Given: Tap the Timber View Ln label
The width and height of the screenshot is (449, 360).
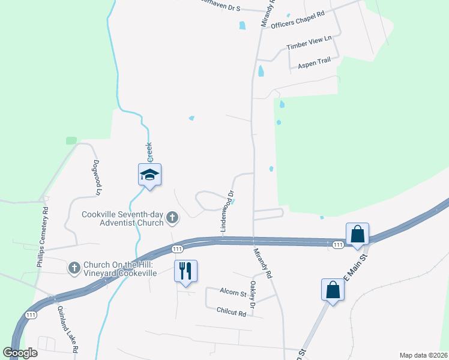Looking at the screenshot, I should pyautogui.click(x=309, y=43).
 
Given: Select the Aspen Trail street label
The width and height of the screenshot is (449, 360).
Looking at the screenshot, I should pyautogui.click(x=315, y=61).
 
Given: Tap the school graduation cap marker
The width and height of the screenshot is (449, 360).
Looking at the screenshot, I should pyautogui.click(x=149, y=175).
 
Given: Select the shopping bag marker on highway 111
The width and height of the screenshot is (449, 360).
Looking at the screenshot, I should pyautogui.click(x=357, y=233).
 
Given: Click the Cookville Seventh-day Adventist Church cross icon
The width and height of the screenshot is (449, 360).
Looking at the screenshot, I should pyautogui.click(x=172, y=217).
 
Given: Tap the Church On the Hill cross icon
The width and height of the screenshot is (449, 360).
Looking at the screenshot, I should pyautogui.click(x=74, y=268).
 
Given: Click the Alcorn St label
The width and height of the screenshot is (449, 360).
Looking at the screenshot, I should pyautogui.click(x=233, y=292).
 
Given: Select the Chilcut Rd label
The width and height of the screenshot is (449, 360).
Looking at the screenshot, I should pyautogui.click(x=231, y=313).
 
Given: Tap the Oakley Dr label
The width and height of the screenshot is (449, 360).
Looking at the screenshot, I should pyautogui.click(x=253, y=295).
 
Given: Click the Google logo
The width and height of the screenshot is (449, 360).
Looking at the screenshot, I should pyautogui.click(x=20, y=353).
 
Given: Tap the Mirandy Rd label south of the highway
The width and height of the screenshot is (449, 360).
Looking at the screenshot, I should pyautogui.click(x=264, y=263).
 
